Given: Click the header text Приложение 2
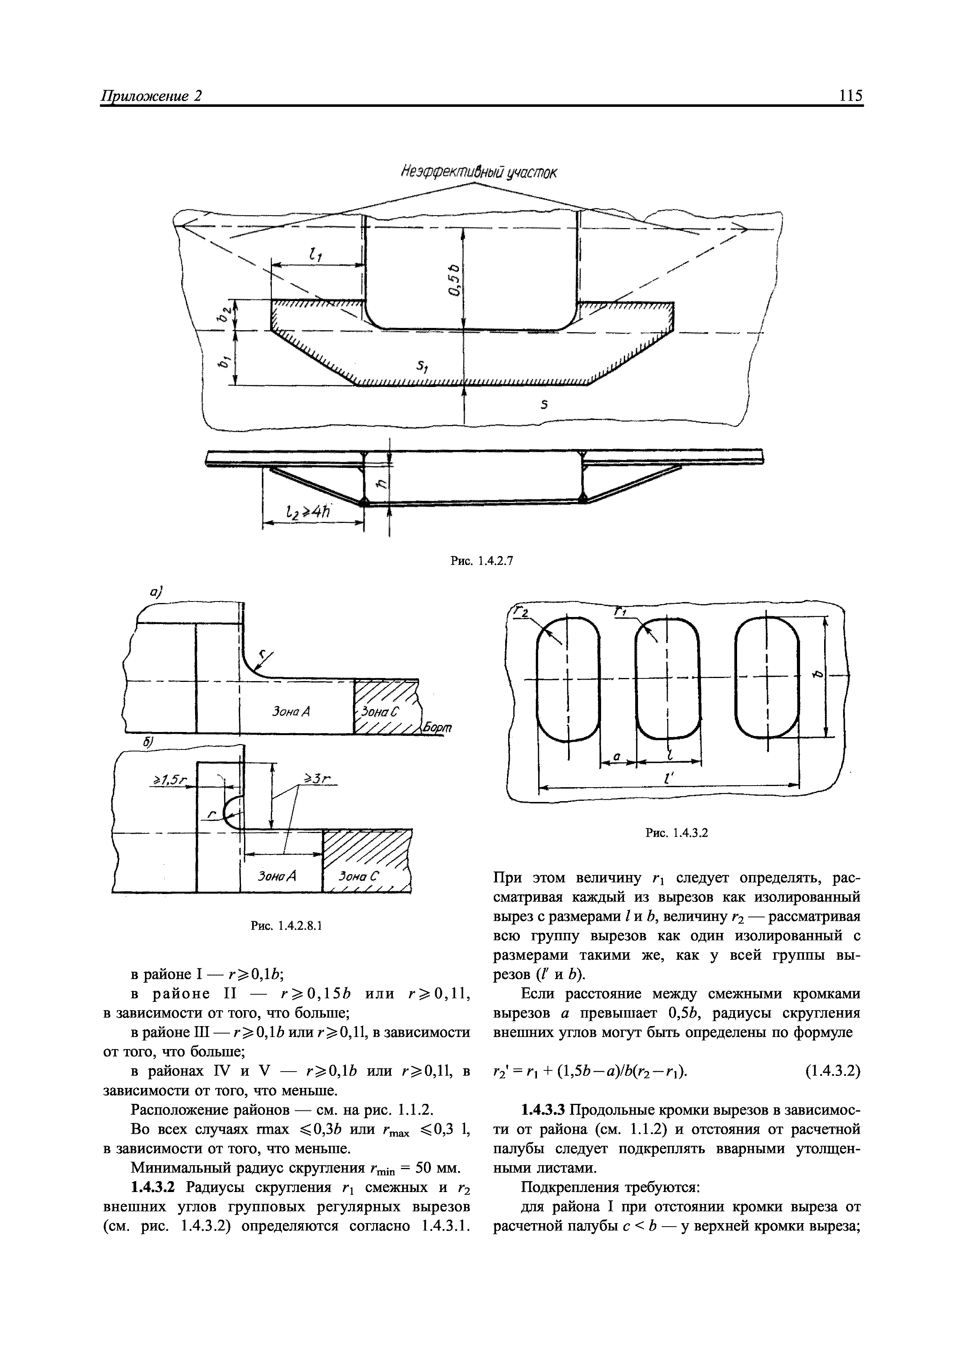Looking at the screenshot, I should click(x=152, y=96).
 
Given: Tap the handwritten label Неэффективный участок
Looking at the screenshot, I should click(x=479, y=172).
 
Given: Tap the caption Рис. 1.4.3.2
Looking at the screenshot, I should click(x=677, y=833).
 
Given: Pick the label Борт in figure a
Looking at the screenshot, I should click(x=438, y=728).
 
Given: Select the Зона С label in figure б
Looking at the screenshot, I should click(x=359, y=876).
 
